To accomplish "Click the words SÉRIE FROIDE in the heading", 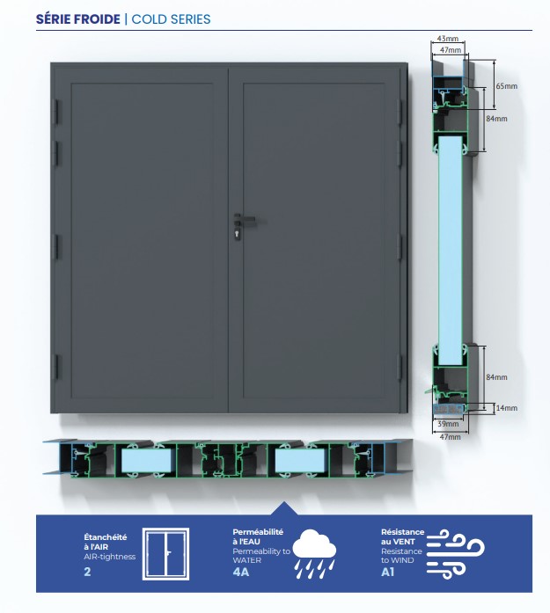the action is click(x=77, y=18).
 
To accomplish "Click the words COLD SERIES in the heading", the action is click(x=171, y=18).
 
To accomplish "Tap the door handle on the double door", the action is click(x=245, y=218).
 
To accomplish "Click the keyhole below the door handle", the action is click(x=238, y=234).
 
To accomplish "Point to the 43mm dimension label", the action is click(x=448, y=39).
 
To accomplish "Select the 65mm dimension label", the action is click(x=507, y=86).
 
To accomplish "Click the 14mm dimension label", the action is click(x=507, y=408).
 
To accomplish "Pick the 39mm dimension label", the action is click(x=448, y=424).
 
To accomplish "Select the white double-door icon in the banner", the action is click(x=165, y=553).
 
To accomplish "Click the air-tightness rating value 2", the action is click(x=87, y=572).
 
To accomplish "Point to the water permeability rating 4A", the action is click(x=240, y=572).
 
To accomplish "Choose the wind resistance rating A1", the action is click(x=387, y=572).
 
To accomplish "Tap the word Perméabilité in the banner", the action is click(x=258, y=532).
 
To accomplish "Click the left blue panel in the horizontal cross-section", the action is click(x=146, y=461).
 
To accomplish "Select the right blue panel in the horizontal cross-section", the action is click(x=300, y=461).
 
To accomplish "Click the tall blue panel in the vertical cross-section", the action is click(x=451, y=251).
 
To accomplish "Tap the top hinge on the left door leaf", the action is click(x=56, y=111).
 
